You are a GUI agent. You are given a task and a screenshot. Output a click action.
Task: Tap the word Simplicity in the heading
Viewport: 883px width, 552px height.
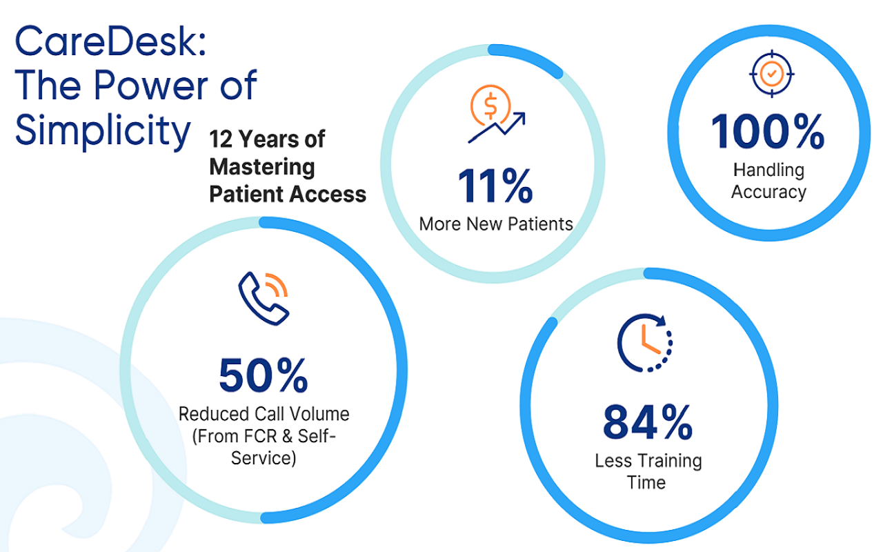(x=103, y=130)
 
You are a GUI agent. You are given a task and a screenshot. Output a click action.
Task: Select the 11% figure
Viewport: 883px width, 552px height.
(x=495, y=186)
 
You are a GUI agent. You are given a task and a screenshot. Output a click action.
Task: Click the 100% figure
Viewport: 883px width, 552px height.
(x=768, y=131)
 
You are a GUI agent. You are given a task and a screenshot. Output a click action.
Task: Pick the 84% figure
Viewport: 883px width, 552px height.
(x=648, y=422)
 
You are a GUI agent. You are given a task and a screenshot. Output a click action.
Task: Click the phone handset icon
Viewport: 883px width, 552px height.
(x=263, y=299)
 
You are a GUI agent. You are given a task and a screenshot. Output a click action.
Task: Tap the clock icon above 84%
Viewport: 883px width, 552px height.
(x=645, y=343)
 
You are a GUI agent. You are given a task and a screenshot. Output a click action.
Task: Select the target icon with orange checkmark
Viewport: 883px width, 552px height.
(x=771, y=74)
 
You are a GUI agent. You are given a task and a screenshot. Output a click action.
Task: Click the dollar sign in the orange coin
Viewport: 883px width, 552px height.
(x=490, y=106)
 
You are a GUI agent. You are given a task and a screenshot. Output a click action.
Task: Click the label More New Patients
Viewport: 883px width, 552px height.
(x=496, y=224)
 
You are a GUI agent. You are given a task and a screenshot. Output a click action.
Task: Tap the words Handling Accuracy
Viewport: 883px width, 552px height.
(x=768, y=181)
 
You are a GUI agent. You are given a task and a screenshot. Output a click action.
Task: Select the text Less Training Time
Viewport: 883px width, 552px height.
(x=648, y=471)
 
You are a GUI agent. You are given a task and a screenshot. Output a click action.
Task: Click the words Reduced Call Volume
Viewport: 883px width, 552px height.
(x=264, y=415)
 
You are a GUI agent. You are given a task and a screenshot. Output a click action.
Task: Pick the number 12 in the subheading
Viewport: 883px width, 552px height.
(x=221, y=139)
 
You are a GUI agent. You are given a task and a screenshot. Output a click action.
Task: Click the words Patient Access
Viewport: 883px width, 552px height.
(x=288, y=195)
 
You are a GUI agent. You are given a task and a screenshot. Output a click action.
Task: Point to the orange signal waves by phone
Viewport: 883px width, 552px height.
(x=277, y=284)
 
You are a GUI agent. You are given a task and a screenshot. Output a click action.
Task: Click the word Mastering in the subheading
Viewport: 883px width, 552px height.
(x=262, y=167)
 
